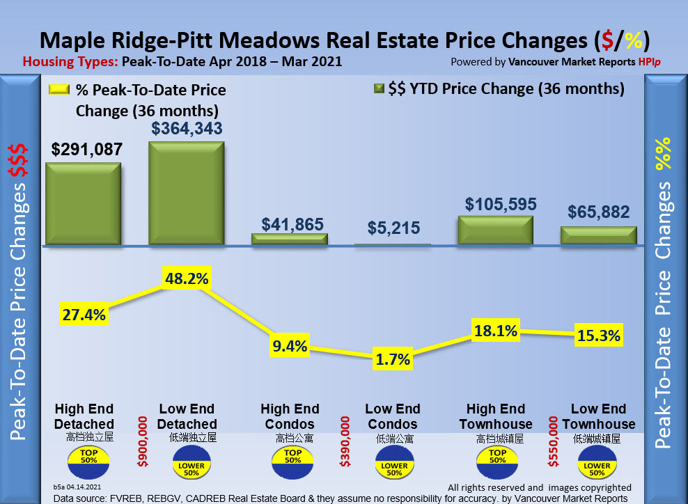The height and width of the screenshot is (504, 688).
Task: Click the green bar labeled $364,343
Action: pos(186,194)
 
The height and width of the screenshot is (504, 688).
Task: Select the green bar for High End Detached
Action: pos(83,205)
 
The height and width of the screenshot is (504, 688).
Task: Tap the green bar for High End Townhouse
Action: pos(495,230)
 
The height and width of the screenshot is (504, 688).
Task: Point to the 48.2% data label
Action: pos(186,278)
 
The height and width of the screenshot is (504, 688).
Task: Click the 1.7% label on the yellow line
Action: pos(392,359)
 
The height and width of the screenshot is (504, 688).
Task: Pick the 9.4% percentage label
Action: pos(289,346)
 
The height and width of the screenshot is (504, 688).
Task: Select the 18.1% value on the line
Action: pos(495,331)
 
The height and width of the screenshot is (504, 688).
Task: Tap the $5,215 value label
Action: pos(392,229)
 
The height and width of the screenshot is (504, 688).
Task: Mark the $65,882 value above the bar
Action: pos(599,212)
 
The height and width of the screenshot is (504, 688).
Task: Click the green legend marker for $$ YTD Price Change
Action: pos(379,89)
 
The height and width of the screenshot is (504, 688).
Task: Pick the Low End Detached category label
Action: pos(187,416)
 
